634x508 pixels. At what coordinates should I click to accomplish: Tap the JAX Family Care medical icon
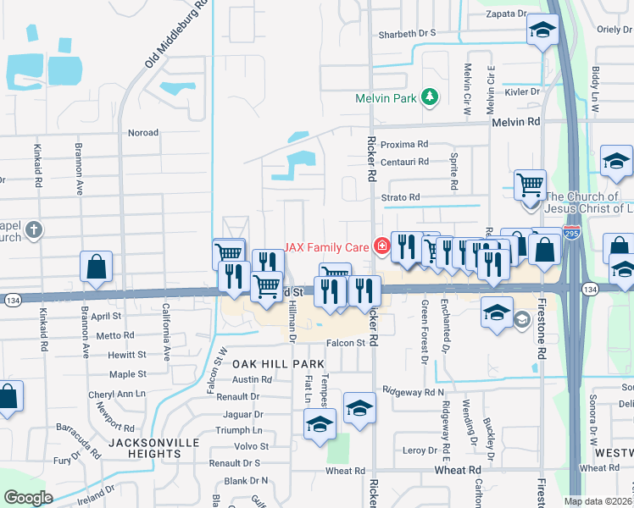click(382, 246)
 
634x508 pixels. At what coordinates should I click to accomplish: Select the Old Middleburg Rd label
click(177, 34)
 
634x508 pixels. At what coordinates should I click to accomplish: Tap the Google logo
click(28, 498)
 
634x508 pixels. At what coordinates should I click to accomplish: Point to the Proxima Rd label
click(404, 144)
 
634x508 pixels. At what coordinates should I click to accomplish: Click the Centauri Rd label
click(404, 161)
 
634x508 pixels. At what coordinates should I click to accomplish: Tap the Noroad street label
click(142, 133)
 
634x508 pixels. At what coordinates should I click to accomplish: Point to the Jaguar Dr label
click(242, 414)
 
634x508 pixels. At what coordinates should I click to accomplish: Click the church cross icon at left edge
click(33, 229)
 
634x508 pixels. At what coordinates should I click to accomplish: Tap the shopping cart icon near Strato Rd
click(530, 184)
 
